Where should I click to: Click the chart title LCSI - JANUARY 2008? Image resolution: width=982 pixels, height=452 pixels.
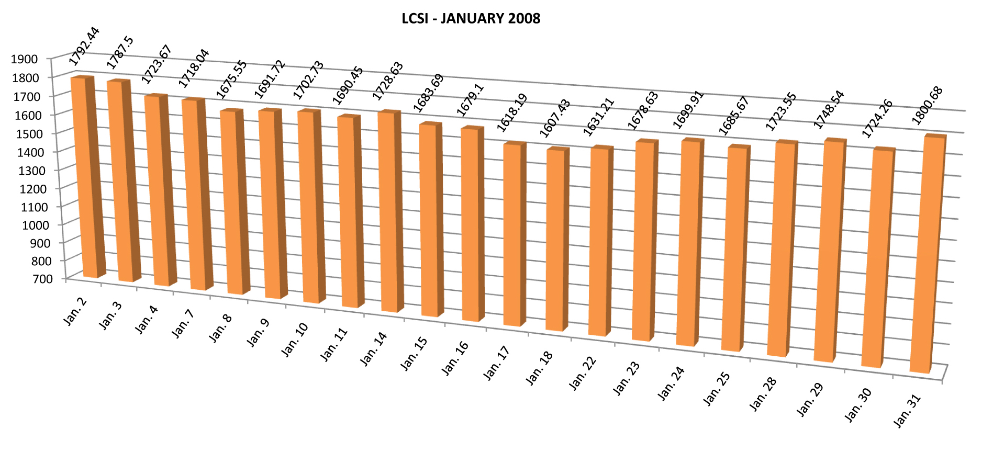(x=471, y=19)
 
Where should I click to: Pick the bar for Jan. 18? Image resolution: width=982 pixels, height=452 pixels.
(x=556, y=240)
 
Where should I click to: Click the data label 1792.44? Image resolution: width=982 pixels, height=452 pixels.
(x=84, y=47)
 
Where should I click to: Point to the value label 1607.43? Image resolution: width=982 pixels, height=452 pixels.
(x=555, y=119)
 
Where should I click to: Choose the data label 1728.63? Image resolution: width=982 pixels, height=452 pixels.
(x=388, y=81)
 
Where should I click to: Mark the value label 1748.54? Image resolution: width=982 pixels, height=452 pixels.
(x=829, y=110)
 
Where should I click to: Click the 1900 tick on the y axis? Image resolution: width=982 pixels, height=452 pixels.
(x=24, y=59)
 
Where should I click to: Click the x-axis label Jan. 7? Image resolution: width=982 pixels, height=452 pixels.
(x=183, y=323)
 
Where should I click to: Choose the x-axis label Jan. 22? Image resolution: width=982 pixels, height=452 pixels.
(x=583, y=373)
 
